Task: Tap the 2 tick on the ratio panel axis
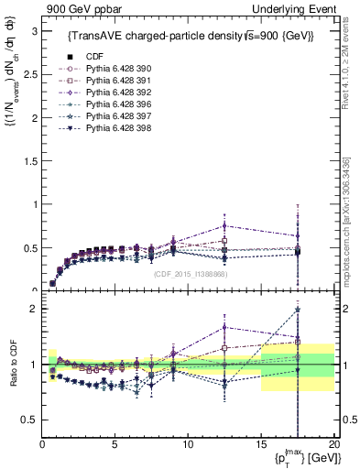click(33, 309)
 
